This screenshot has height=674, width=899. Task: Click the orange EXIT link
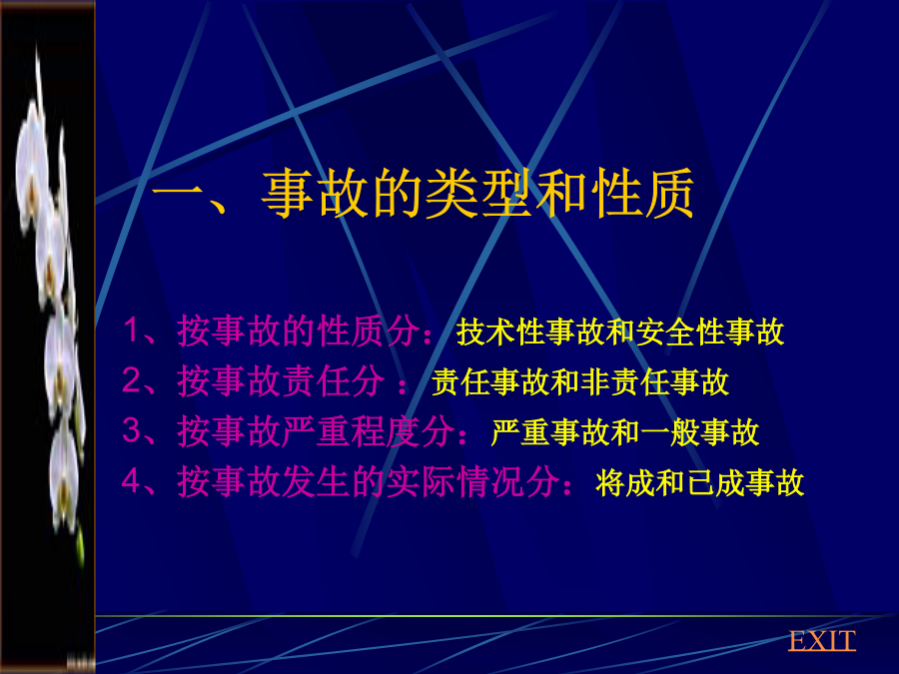pos(822,640)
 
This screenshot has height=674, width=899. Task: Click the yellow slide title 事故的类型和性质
pos(478,194)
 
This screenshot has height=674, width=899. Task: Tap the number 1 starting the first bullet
pos(131,331)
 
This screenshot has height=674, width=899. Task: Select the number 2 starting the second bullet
pos(131,380)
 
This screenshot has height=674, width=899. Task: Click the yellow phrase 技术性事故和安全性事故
pos(619,332)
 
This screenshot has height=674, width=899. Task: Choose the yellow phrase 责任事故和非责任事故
pos(579,382)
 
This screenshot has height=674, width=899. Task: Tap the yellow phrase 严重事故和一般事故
pos(625,432)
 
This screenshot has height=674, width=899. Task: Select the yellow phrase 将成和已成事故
pos(699,482)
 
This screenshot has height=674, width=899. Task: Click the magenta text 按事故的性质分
pos(298,331)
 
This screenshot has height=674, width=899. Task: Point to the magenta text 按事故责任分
pos(281,380)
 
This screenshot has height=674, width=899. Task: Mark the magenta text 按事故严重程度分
pos(316,431)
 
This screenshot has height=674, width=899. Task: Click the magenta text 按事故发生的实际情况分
pos(368,481)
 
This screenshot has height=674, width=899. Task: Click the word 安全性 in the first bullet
pos(680,332)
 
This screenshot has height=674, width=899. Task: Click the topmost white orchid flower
pos(32,155)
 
